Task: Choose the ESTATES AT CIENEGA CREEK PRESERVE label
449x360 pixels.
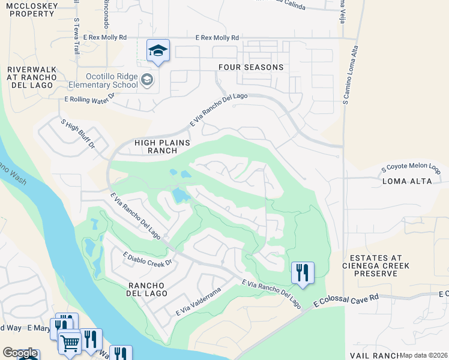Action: click(x=376, y=265)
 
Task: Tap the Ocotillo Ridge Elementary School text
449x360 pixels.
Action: click(x=103, y=80)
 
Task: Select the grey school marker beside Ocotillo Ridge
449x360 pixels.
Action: click(x=146, y=80)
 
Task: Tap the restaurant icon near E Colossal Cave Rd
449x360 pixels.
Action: click(x=303, y=273)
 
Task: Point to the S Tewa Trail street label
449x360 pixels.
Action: click(x=77, y=36)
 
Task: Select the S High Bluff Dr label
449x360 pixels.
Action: click(x=78, y=134)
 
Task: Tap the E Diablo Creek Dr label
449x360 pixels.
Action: click(x=147, y=259)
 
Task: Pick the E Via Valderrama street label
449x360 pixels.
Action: click(x=199, y=302)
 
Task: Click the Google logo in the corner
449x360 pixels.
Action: click(x=20, y=353)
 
